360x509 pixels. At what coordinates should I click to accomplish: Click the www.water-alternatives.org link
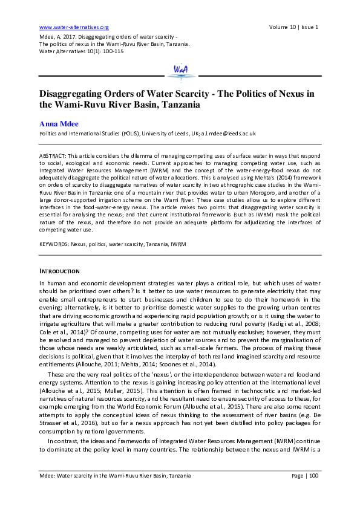coord(73,27)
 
